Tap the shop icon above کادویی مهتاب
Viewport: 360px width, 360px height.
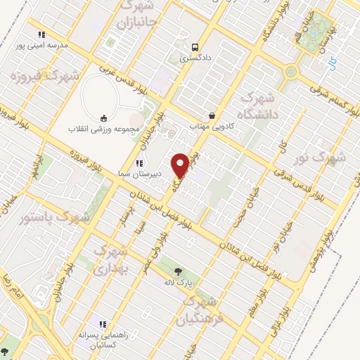212,115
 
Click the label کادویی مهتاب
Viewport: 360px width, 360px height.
212,127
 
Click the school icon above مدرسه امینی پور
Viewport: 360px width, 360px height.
41,34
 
